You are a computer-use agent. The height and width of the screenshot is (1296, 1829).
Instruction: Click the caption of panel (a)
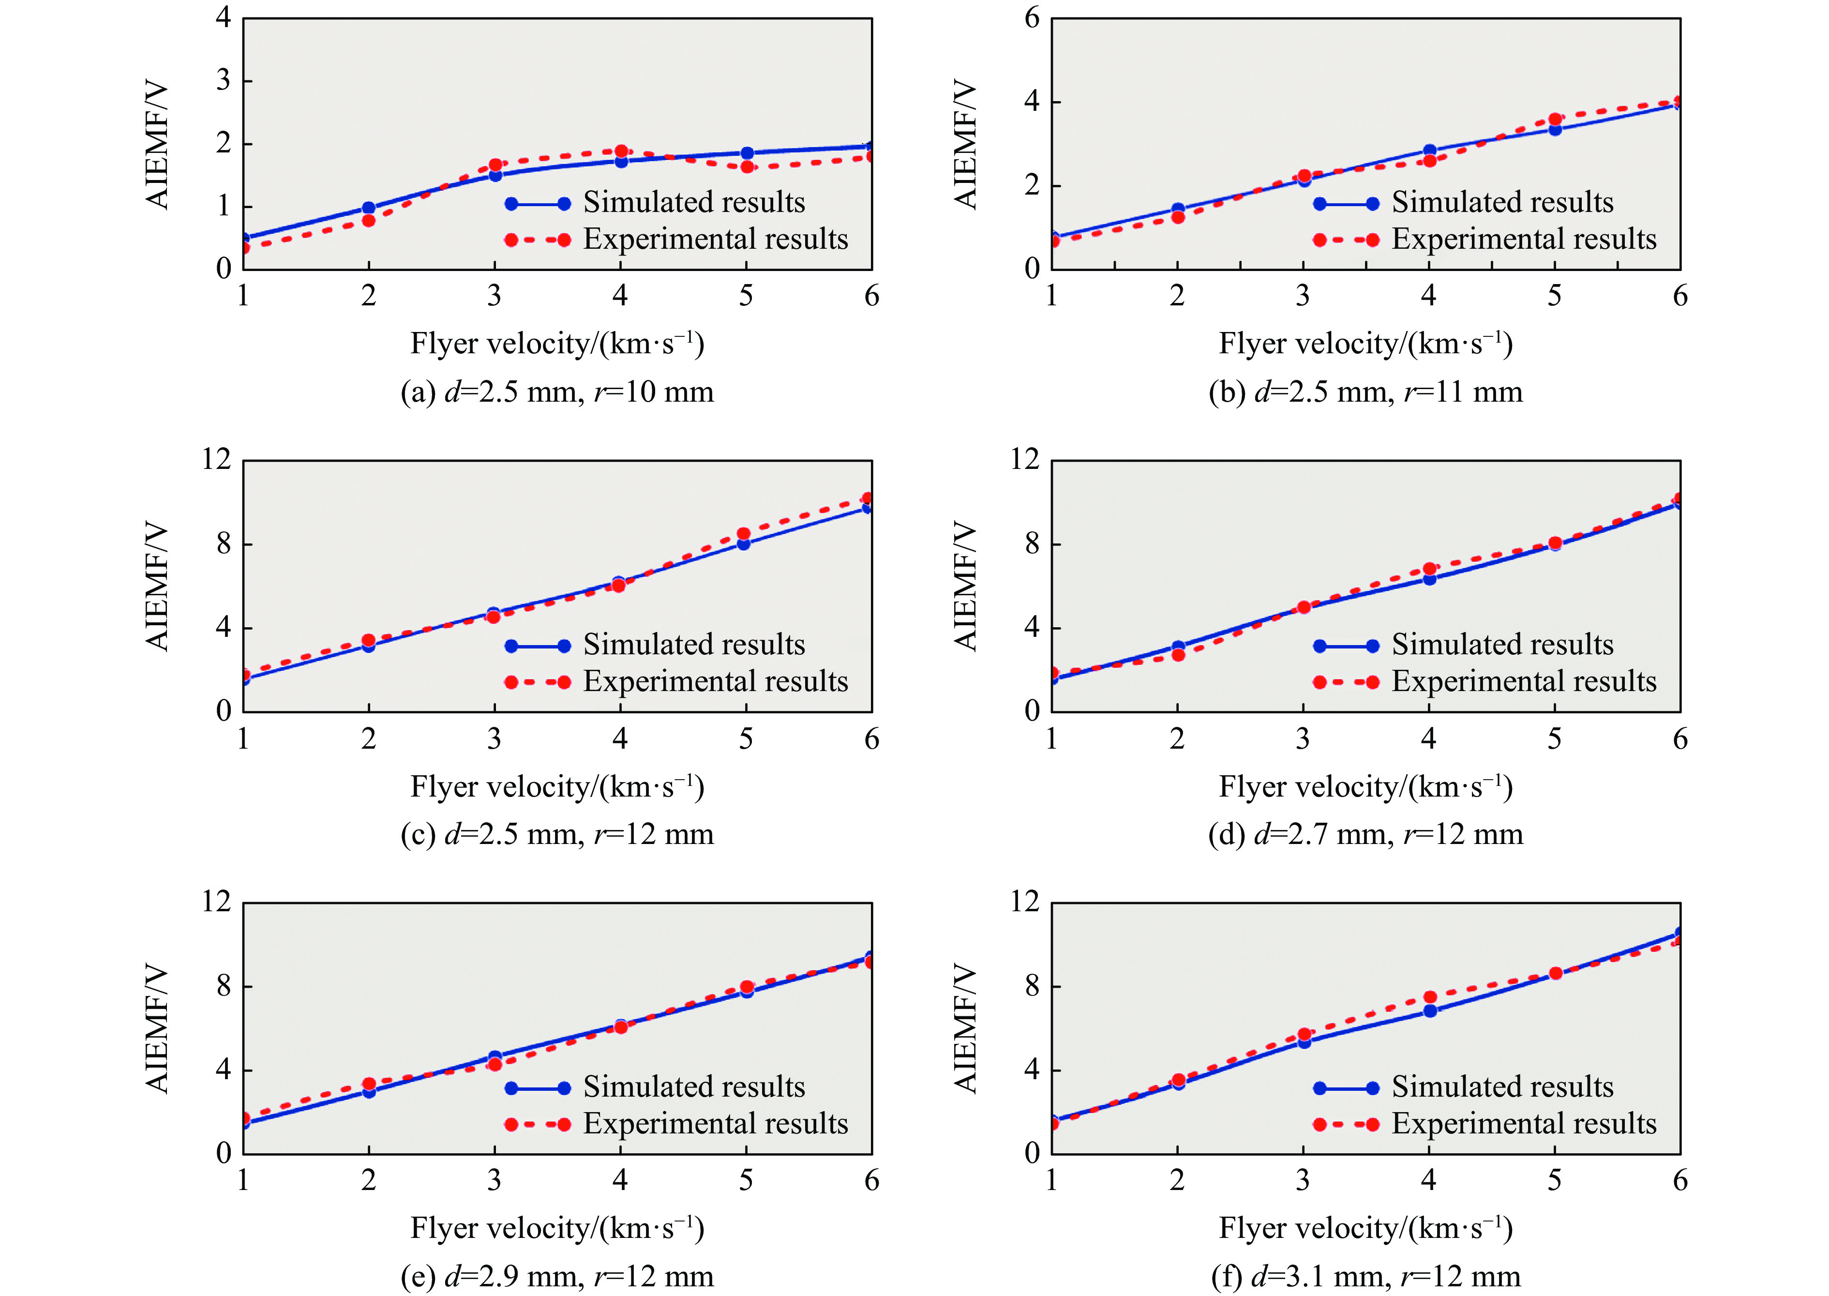(x=557, y=392)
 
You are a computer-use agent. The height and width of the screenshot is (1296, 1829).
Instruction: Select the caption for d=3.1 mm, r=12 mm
(x=1365, y=1276)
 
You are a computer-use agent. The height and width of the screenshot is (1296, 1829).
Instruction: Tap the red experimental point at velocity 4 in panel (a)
(x=621, y=151)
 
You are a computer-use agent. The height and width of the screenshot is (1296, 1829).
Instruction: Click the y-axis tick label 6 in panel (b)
(x=1032, y=17)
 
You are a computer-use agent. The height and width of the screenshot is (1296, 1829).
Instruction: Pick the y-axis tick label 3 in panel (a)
(x=224, y=81)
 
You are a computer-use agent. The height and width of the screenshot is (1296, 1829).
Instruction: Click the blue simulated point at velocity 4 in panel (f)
(x=1430, y=1011)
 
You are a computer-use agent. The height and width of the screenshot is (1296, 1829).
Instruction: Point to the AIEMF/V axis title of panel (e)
(x=157, y=1029)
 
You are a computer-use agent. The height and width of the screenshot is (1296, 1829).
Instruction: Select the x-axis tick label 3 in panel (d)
(x=1303, y=739)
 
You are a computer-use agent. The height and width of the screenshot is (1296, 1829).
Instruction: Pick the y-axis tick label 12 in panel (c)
(x=216, y=460)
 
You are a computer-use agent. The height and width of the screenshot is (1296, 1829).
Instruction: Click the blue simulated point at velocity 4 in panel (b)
(x=1430, y=151)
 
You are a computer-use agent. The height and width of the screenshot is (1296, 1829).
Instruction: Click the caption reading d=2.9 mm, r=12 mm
(x=557, y=1276)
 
